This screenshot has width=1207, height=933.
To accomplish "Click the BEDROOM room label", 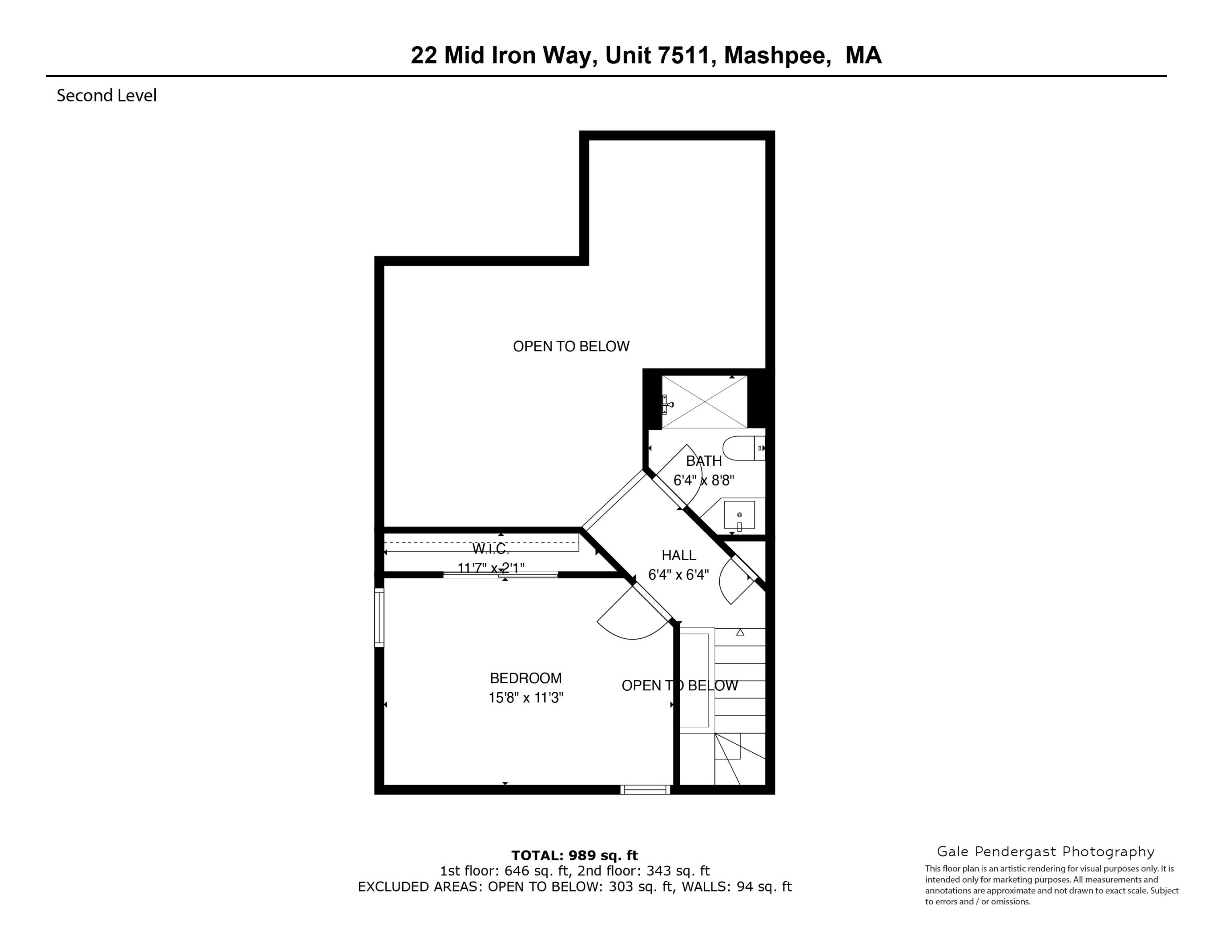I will pyautogui.click(x=525, y=678).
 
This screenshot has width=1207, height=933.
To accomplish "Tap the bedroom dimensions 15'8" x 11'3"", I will pyautogui.click(x=525, y=698).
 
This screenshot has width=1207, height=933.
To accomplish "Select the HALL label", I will pyautogui.click(x=679, y=555).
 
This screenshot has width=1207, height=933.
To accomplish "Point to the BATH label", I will pyautogui.click(x=704, y=461).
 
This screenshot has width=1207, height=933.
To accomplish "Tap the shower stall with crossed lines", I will pyautogui.click(x=704, y=402).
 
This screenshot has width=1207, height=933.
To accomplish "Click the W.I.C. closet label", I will pyautogui.click(x=490, y=549).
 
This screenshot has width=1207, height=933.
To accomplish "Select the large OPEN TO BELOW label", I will pyautogui.click(x=571, y=347).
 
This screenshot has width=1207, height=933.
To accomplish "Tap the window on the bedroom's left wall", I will pyautogui.click(x=379, y=617).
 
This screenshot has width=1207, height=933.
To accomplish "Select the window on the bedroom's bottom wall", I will pyautogui.click(x=645, y=790).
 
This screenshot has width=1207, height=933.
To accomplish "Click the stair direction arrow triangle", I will pyautogui.click(x=740, y=632).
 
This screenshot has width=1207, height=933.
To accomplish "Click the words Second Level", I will pyautogui.click(x=107, y=96).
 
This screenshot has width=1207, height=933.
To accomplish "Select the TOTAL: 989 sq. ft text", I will pyautogui.click(x=574, y=856).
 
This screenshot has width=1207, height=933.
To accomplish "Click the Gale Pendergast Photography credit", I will pyautogui.click(x=1046, y=852).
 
